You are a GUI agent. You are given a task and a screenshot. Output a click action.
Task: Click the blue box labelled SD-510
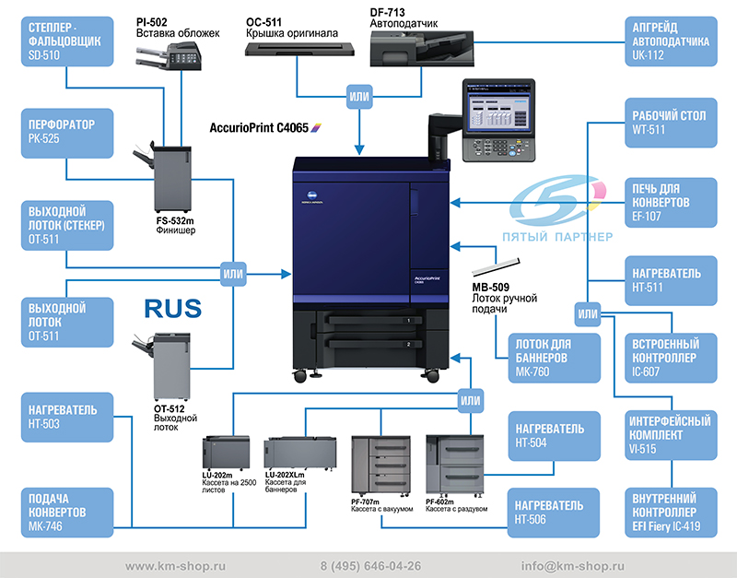66,41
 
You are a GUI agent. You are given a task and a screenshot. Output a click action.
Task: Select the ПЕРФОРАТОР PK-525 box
66,132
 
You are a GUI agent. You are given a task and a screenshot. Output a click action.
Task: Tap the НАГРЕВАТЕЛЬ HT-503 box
66,416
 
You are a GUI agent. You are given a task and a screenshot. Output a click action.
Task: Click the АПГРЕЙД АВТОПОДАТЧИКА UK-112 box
671,41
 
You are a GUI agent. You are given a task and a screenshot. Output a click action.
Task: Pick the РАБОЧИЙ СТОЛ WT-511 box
671,123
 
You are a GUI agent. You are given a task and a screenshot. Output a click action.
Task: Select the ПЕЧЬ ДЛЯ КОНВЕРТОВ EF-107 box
671,202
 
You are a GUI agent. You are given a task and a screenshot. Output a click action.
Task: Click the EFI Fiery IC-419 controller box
671,513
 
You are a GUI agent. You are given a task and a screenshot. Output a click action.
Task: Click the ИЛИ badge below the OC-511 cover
359,95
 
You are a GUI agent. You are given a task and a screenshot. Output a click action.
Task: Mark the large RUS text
172,308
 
